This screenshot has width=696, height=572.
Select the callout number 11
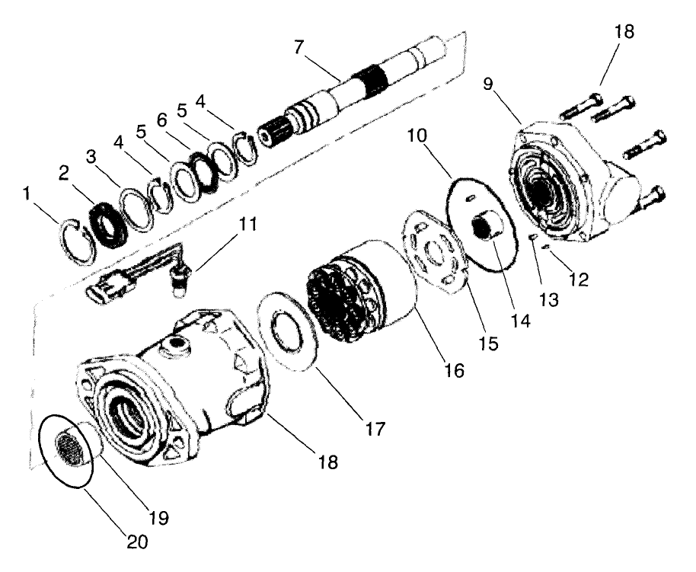coord(247,226)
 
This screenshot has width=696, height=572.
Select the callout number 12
coord(579,280)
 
